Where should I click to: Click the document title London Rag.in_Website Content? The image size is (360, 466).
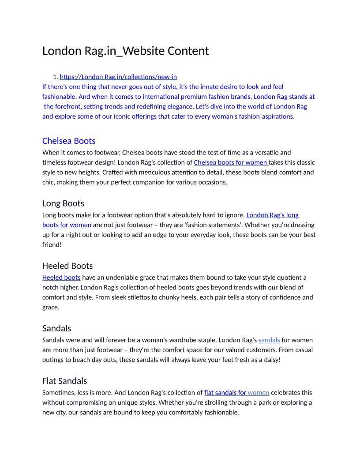pos(125,51)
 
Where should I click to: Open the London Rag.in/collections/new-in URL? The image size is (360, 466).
pos(118,77)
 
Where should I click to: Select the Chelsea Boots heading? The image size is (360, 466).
pos(69,141)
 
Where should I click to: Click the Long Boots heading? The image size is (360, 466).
pos(63,203)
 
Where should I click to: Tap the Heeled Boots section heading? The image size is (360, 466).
pos(67,266)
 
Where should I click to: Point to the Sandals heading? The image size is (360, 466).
pos(56,328)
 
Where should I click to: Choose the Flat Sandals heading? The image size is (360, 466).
pos(64,381)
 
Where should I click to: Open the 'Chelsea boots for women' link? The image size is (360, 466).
pos(230,162)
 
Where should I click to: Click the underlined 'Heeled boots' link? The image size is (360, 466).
pos(61,278)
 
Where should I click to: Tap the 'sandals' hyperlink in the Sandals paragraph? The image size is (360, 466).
pos(269,340)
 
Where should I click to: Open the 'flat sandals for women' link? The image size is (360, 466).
pos(236,392)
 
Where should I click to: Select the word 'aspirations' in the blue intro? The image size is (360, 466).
pos(277,116)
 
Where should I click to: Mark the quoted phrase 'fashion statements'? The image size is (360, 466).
pos(226,225)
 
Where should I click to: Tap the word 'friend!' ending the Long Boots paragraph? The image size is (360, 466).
pos(52,244)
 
